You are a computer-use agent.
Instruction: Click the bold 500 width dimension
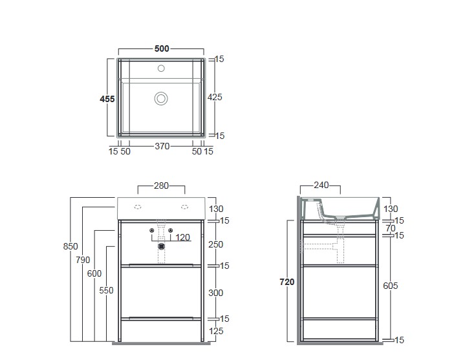click(x=162, y=48)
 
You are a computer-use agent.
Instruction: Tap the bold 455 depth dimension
click(x=107, y=99)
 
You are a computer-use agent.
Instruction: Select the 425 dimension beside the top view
click(x=215, y=97)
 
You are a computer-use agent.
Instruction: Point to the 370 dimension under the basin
click(x=162, y=146)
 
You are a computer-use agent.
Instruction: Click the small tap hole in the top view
click(x=161, y=69)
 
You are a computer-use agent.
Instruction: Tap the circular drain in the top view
click(x=161, y=99)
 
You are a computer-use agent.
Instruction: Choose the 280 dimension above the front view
click(x=161, y=185)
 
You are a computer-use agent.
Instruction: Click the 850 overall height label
click(x=70, y=246)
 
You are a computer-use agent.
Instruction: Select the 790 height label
click(x=83, y=260)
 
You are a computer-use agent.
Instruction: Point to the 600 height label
click(x=94, y=273)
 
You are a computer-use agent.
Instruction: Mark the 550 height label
click(x=106, y=291)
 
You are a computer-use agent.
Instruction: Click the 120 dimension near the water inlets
click(x=183, y=237)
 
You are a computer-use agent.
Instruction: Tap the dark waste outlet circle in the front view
click(x=162, y=246)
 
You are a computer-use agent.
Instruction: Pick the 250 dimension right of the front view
click(x=216, y=244)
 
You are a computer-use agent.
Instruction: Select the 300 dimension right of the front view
click(x=216, y=293)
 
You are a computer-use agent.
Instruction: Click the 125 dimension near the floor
click(x=216, y=331)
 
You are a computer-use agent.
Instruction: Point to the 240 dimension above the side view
click(x=321, y=185)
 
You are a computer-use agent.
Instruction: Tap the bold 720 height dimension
click(x=287, y=282)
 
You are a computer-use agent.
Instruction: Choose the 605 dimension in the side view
click(x=391, y=286)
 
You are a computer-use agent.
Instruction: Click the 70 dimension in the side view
click(x=391, y=228)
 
